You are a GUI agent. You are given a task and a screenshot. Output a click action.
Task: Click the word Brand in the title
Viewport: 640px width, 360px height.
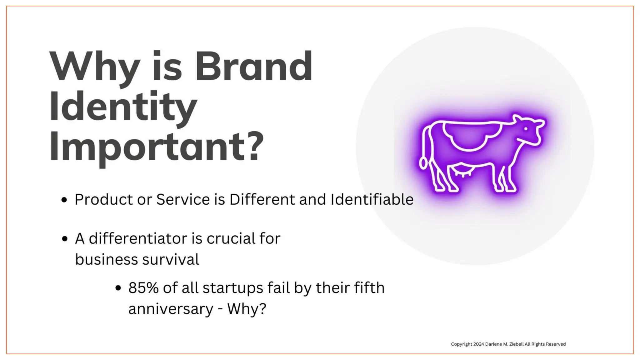[x=253, y=67]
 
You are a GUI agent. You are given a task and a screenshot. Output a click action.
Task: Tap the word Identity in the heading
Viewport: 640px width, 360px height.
[x=123, y=107]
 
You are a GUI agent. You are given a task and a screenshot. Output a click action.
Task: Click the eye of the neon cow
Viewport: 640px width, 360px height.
[x=526, y=129]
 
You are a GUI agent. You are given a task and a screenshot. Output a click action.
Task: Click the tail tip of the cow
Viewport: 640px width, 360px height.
[x=423, y=163]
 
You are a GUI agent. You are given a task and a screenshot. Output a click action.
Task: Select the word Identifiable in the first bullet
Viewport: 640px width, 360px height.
[x=372, y=199]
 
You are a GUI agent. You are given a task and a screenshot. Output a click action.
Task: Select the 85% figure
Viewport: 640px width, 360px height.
[x=143, y=288]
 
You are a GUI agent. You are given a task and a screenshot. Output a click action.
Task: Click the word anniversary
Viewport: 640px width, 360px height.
[x=171, y=309]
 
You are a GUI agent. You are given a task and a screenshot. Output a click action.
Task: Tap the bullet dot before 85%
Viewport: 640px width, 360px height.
[x=118, y=288]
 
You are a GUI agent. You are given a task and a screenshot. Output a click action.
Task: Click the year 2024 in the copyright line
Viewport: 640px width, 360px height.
[x=478, y=344]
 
